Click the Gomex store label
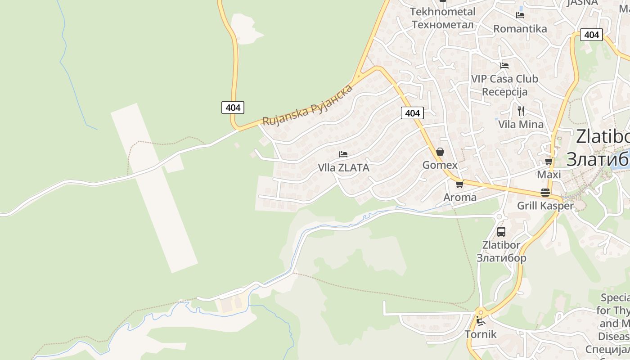pyautogui.click(x=440, y=165)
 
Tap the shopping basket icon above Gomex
pyautogui.click(x=440, y=152)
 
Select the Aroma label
pyautogui.click(x=460, y=197)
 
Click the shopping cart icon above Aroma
pyautogui.click(x=459, y=184)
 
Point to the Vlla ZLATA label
pyautogui.click(x=343, y=168)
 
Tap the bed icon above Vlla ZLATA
pyautogui.click(x=343, y=154)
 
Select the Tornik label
pyautogui.click(x=481, y=334)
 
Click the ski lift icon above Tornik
pyautogui.click(x=481, y=321)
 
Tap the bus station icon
pyautogui.click(x=501, y=232)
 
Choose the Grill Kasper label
pyautogui.click(x=545, y=206)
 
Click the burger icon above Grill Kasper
pyautogui.click(x=545, y=193)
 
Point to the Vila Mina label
pyautogui.click(x=521, y=124)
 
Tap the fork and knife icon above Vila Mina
pyautogui.click(x=521, y=111)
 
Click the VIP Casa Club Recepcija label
pyautogui.click(x=504, y=85)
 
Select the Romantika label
pyautogui.click(x=520, y=29)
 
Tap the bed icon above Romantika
pyautogui.click(x=520, y=15)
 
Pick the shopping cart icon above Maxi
pyautogui.click(x=549, y=161)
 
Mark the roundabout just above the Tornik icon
pyautogui.click(x=481, y=312)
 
